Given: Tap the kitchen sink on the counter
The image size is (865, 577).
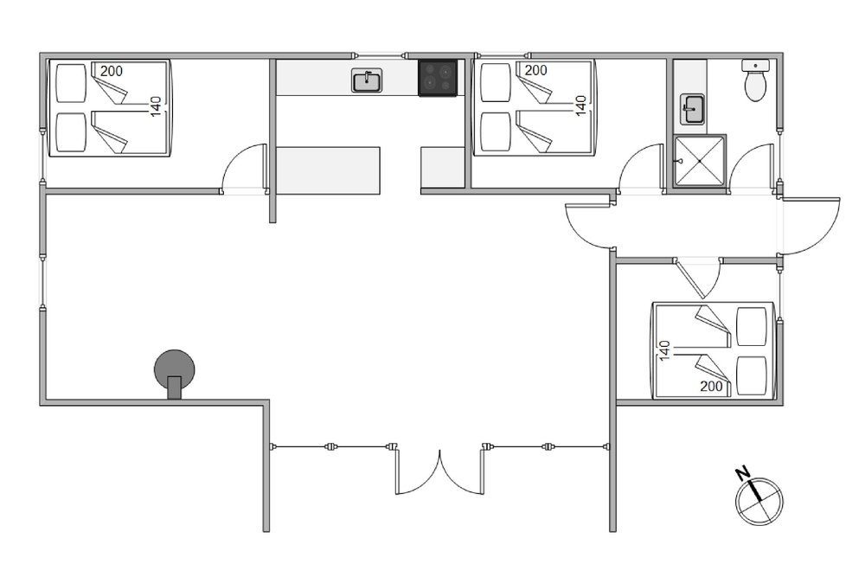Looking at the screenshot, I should (x=368, y=81).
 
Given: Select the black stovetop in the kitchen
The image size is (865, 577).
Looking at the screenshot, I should (x=438, y=78).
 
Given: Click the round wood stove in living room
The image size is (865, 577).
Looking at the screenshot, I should (x=175, y=371).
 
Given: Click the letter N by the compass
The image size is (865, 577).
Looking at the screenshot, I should (x=741, y=473).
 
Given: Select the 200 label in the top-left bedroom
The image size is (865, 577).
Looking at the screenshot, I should (x=111, y=71).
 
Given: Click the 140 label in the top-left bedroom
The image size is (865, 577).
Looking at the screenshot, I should (x=156, y=106).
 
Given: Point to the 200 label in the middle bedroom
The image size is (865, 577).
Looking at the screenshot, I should (x=535, y=71).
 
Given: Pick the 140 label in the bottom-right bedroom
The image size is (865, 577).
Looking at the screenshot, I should (x=665, y=351).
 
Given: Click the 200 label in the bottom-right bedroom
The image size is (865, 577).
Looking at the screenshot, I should (x=711, y=387).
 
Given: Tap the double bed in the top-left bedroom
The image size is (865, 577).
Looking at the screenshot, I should (x=109, y=108).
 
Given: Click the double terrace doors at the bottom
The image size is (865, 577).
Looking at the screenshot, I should (x=439, y=471).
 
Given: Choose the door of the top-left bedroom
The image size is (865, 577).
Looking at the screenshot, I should (x=244, y=169).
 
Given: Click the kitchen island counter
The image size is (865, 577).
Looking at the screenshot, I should (x=329, y=170).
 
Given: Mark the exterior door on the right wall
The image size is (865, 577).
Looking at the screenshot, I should (x=811, y=226).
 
